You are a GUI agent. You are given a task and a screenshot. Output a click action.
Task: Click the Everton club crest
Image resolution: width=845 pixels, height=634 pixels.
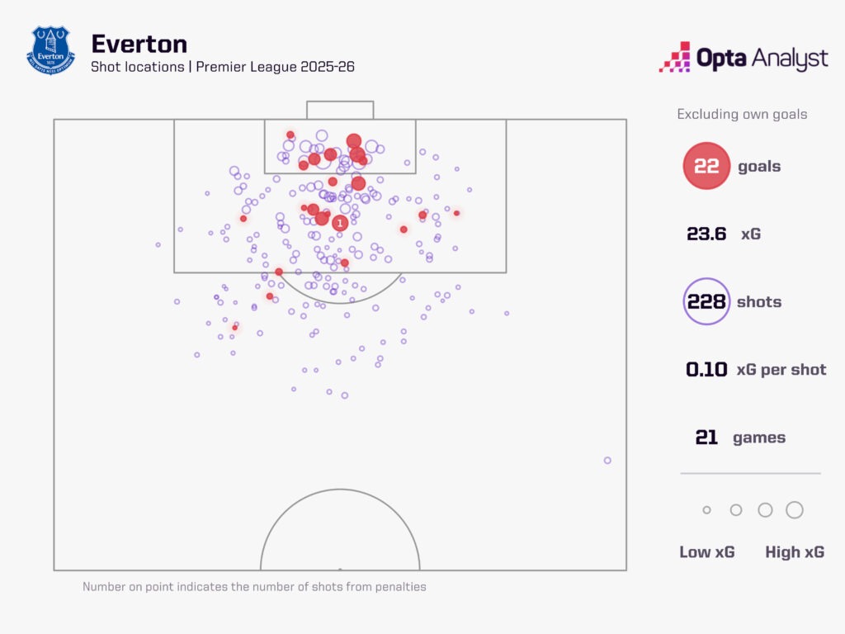tap(51, 50)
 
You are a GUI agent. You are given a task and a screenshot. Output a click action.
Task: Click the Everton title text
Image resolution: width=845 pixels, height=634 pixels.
tap(139, 43)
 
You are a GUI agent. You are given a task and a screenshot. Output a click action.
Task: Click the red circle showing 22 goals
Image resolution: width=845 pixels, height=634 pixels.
tap(706, 166)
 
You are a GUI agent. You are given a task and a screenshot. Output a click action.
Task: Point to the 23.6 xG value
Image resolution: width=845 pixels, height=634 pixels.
tap(706, 234)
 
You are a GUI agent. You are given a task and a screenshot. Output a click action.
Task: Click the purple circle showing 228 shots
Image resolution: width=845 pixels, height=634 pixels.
tap(706, 301)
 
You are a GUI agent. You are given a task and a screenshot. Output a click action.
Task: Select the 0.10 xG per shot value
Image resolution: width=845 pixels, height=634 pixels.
tap(706, 369)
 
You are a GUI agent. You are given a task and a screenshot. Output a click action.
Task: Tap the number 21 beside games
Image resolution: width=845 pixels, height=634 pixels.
tap(706, 438)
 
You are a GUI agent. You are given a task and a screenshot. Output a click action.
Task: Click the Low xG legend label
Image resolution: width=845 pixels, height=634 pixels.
tap(706, 552)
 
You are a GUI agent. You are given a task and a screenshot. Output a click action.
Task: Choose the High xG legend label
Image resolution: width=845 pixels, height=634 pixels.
tap(794, 552)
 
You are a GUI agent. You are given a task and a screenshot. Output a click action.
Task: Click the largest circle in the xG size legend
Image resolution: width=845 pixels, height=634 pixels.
tap(795, 510)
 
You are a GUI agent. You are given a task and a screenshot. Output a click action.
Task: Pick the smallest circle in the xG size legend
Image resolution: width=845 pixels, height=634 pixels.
tap(706, 510)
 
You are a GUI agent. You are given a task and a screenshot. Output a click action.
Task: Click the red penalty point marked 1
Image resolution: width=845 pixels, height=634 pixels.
tap(339, 223)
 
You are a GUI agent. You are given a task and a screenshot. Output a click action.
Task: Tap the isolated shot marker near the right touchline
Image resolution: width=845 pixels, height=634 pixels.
tap(607, 460)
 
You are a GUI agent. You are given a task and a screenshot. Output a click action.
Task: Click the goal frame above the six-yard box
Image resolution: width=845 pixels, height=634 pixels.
tap(340, 110)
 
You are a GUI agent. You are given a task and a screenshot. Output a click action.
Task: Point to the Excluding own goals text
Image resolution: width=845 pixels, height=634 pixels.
tap(742, 114)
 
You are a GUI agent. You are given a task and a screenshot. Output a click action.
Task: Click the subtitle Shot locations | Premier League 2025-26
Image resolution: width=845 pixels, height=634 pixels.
tap(223, 67)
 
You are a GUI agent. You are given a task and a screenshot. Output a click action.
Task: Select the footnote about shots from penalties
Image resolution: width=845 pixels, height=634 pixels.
tap(254, 587)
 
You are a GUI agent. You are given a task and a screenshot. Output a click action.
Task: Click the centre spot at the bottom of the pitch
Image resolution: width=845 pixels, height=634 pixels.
tap(340, 569)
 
